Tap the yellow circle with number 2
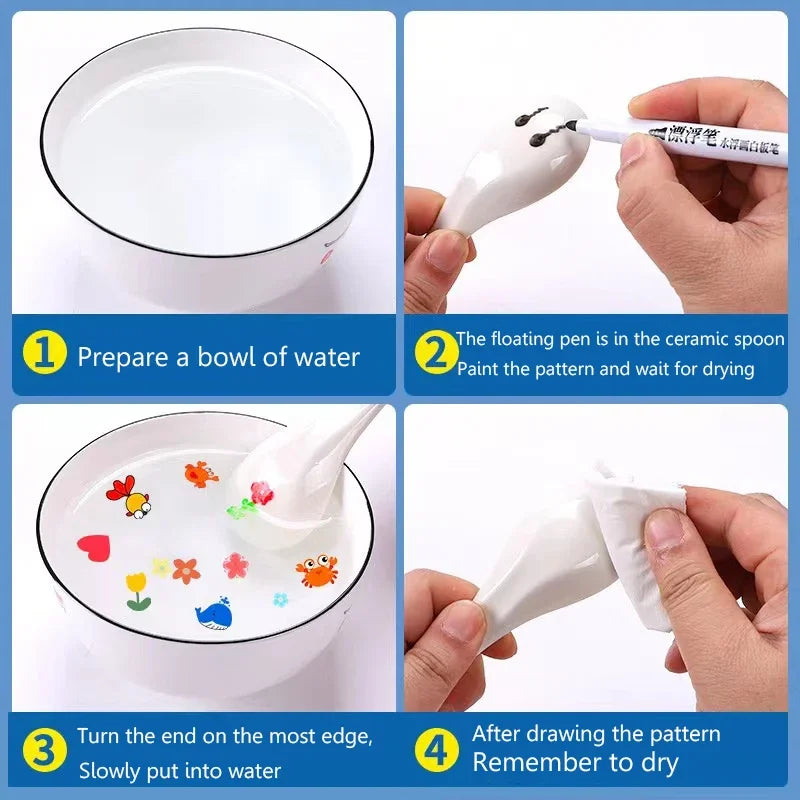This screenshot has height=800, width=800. [x=435, y=354]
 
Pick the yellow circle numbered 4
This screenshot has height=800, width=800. [x=436, y=750]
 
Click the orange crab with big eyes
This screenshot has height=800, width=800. [x=316, y=571]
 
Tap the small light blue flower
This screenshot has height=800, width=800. [x=281, y=599]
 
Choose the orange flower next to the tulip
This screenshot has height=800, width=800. [x=186, y=570]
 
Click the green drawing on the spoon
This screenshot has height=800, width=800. [x=242, y=509]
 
